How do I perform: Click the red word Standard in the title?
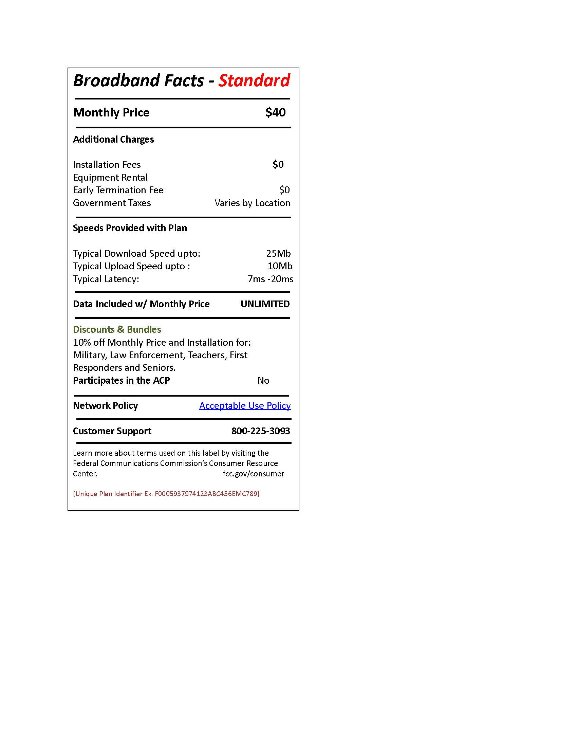(254, 81)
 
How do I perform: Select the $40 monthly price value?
(275, 112)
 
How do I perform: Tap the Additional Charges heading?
(113, 140)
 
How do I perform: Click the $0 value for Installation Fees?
(278, 165)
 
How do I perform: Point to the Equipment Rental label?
(110, 178)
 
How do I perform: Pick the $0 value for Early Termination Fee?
(284, 190)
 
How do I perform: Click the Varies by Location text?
(252, 203)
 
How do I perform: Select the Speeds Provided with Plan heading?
(130, 228)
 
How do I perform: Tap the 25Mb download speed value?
(278, 253)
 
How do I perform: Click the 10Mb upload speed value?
(280, 266)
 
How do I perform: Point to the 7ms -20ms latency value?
(271, 279)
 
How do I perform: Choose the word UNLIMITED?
(265, 304)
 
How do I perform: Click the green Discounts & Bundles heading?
(117, 329)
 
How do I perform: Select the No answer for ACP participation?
(263, 380)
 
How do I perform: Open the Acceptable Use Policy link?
(245, 406)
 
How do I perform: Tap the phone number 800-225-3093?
(260, 431)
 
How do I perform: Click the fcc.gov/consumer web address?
(253, 474)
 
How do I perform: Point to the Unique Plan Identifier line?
(166, 494)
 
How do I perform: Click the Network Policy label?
(105, 406)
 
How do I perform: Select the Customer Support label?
(112, 431)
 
